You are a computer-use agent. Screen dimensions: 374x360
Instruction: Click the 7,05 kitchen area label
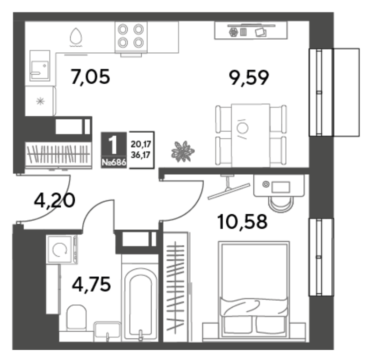coord(90,77)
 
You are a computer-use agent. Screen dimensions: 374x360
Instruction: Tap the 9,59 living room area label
coord(249,78)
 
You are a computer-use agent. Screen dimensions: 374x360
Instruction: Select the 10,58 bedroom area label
coord(242,222)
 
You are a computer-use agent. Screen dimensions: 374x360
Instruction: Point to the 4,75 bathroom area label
coord(91,284)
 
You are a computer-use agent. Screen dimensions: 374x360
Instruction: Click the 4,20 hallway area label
coord(55,200)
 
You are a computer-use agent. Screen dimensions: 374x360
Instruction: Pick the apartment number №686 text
coord(114,162)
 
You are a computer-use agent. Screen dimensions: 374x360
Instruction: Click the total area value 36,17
coord(141,155)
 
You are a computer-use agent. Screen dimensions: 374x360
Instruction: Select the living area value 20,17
coord(141,144)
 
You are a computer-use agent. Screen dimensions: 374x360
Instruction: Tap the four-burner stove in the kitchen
coord(131,37)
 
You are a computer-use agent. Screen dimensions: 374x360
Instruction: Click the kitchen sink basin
coord(40,65)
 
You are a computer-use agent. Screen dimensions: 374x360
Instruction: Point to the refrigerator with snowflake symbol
coord(41,101)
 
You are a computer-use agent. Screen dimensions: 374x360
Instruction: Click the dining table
coord(251,135)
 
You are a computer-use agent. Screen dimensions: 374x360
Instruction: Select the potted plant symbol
coord(183,152)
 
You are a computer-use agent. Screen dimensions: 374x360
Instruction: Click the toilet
coord(76,318)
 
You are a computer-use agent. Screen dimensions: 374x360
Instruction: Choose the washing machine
coord(62,249)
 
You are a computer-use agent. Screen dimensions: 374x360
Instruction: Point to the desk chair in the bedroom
coord(281,204)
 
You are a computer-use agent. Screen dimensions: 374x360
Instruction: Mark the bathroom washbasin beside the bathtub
coord(108,331)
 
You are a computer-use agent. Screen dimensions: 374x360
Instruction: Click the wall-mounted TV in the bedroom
coord(229,191)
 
